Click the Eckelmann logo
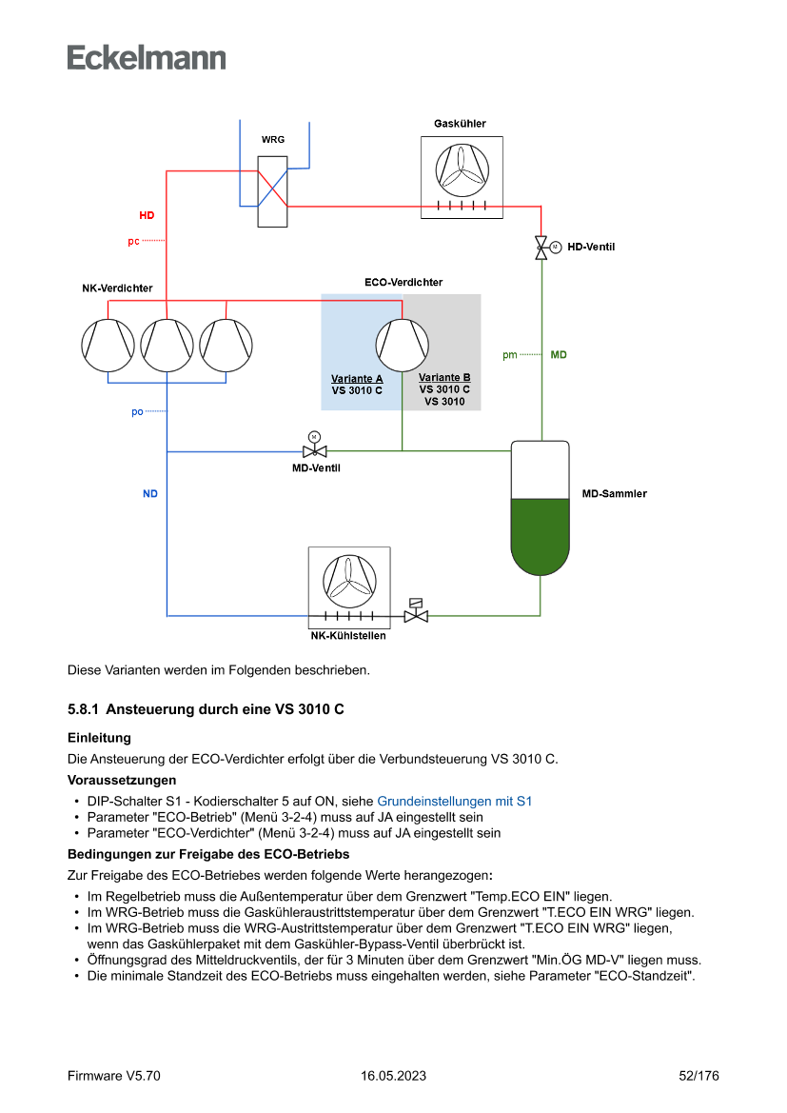click(x=147, y=57)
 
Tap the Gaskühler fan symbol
click(x=462, y=169)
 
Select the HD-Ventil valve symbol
click(x=541, y=248)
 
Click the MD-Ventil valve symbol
click(x=314, y=450)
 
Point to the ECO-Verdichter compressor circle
click(x=402, y=345)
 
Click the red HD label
click(x=147, y=216)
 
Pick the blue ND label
click(x=150, y=494)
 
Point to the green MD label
click(x=559, y=355)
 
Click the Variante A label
click(x=357, y=379)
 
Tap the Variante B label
click(x=444, y=378)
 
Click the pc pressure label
click(x=133, y=242)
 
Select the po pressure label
click(x=137, y=412)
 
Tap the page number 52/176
click(x=698, y=1076)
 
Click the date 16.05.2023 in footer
click(x=393, y=1076)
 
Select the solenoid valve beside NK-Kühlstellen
click(x=416, y=612)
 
